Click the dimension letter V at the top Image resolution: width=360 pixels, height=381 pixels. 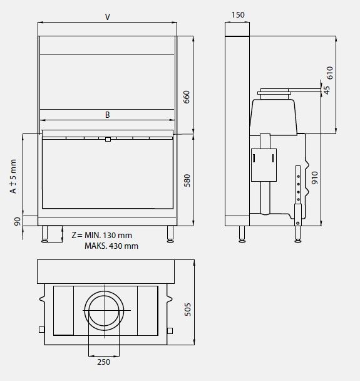pos(107,17)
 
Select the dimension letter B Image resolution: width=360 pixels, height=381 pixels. pos(107,115)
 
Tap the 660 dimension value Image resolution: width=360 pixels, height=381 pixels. pos(186,97)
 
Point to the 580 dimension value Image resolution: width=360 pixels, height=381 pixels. pos(186,180)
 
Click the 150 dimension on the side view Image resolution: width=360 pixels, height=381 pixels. pos(237,14)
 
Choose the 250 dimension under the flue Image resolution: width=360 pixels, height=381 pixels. pos(104,362)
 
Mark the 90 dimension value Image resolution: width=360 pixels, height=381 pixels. pos(17,221)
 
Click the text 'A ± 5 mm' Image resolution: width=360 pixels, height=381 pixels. pos(13,176)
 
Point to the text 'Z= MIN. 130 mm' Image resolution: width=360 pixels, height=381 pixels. pos(102,235)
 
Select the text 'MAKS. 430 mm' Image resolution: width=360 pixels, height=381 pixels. pos(111,246)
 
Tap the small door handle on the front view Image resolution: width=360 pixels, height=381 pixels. pos(108,139)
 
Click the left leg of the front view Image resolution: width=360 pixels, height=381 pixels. pos(45,234)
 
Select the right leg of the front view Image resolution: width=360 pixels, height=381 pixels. pos(170,234)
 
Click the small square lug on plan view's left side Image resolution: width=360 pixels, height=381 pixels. pos(41,330)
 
